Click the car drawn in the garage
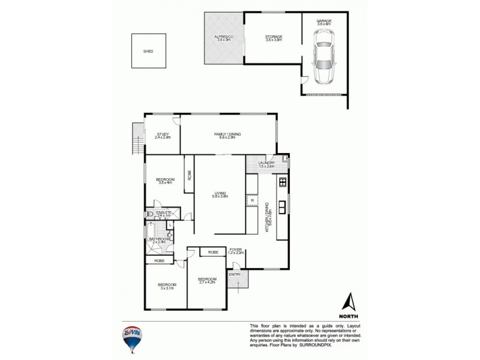tap(325, 58)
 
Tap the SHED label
tap(148, 52)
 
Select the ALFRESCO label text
tap(224, 37)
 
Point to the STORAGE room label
tap(274, 37)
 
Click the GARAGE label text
tap(324, 21)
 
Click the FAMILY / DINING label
tap(227, 134)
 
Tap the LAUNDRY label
tap(266, 163)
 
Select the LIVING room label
tap(220, 193)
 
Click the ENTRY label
tap(235, 275)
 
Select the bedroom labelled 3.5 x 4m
tap(165, 180)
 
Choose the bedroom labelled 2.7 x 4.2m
tap(207, 280)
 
